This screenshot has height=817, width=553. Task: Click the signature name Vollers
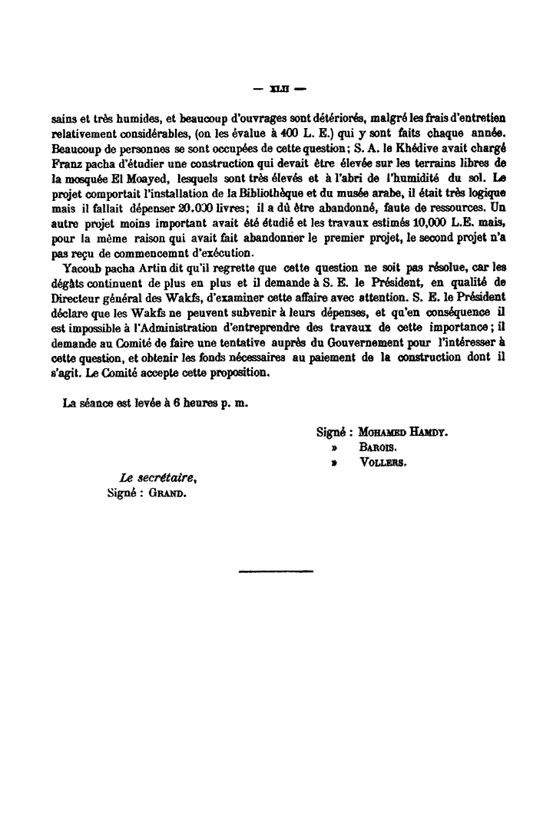(x=382, y=463)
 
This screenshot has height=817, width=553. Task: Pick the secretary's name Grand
(x=167, y=493)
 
